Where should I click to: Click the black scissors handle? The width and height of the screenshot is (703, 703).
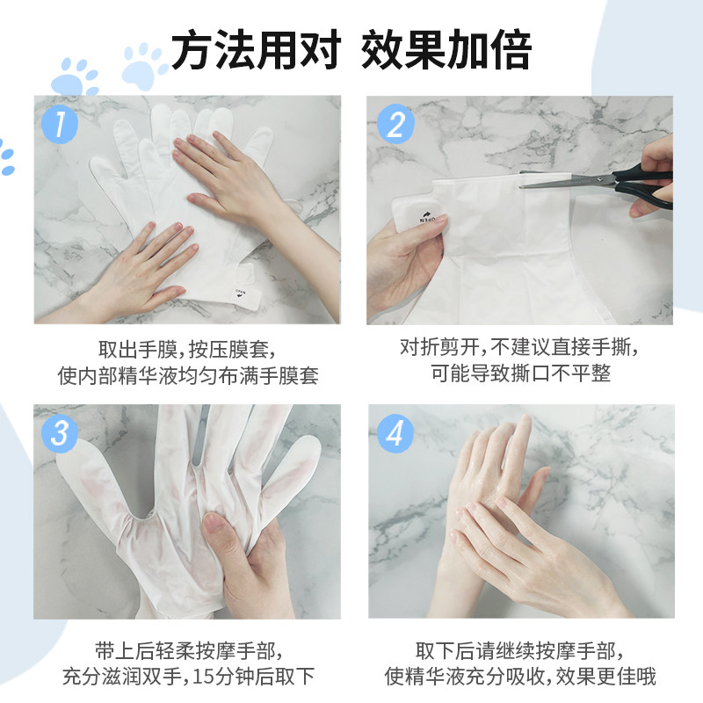coord(646,186)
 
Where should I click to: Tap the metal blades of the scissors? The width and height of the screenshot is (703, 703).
coord(562,180)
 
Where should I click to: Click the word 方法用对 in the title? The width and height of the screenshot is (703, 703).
coord(255,51)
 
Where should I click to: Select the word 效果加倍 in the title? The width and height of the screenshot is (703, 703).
coord(446,51)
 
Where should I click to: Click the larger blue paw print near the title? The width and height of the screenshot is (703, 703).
coord(145,66)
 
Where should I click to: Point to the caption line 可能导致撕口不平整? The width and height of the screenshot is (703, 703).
coord(520,373)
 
